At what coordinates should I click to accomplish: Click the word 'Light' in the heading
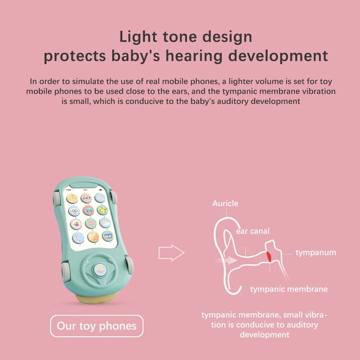pyautogui.click(x=138, y=37)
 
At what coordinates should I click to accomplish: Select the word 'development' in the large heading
pyautogui.click(x=278, y=56)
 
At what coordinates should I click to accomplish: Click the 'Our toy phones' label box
pyautogui.click(x=97, y=326)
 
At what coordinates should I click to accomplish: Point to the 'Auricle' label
pyautogui.click(x=225, y=204)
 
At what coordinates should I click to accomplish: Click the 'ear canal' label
pyautogui.click(x=253, y=231)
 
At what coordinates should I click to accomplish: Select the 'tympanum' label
pyautogui.click(x=316, y=253)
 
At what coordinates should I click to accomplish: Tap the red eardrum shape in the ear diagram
pyautogui.click(x=269, y=256)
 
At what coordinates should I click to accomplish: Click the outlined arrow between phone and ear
pyautogui.click(x=171, y=253)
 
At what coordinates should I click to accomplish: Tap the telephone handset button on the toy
pyautogui.click(x=78, y=238)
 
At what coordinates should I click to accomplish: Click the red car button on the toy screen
pyautogui.click(x=88, y=210)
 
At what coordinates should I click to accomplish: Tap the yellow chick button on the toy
pyautogui.click(x=102, y=210)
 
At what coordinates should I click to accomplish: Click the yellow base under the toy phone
pyautogui.click(x=96, y=298)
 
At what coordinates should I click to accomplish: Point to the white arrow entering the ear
pyautogui.click(x=227, y=260)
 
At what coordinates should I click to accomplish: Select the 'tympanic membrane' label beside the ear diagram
pyautogui.click(x=289, y=289)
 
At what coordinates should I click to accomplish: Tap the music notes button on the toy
pyautogui.click(x=93, y=237)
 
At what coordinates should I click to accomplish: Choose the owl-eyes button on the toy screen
pyautogui.click(x=74, y=211)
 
